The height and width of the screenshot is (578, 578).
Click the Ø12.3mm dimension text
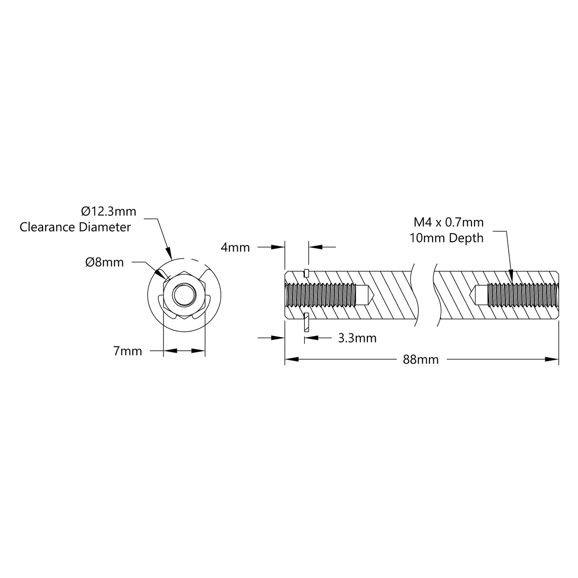(108, 212)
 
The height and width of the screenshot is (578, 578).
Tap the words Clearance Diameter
(75, 227)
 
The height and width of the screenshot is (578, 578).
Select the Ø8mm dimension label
(105, 262)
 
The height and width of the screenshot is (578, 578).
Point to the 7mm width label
(128, 351)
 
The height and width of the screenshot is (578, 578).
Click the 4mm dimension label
(235, 248)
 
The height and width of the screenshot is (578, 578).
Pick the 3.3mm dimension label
(357, 338)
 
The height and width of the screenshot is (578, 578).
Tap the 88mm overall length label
(420, 359)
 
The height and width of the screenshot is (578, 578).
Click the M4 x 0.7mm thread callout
(448, 222)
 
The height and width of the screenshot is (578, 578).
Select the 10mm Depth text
(447, 238)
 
